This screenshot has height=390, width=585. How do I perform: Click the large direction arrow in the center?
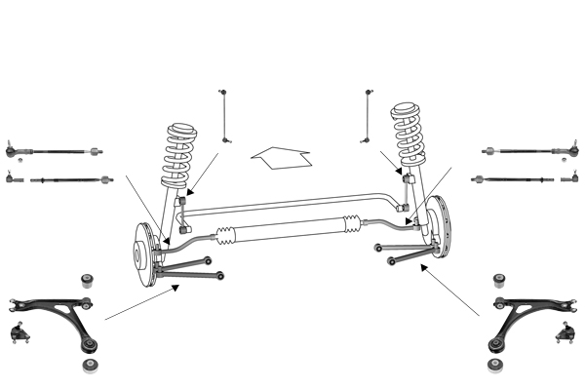click(282, 155)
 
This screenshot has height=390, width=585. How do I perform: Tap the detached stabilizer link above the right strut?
click(369, 116)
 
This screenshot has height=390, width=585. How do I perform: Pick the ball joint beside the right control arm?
click(563, 331)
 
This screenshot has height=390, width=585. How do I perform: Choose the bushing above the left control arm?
click(87, 276)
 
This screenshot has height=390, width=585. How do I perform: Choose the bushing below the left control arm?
click(92, 365)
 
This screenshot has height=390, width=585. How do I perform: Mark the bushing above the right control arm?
click(500, 281)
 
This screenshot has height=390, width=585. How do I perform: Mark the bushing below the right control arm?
click(495, 365)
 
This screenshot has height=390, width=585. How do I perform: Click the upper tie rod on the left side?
click(54, 151)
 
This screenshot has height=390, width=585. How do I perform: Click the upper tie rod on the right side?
click(527, 151)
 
